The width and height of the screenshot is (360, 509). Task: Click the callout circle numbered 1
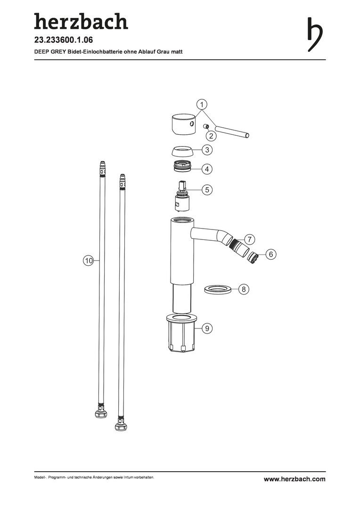(x=202, y=105)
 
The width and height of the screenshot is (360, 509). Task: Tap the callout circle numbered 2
(x=211, y=136)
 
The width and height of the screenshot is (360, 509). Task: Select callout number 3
(x=207, y=150)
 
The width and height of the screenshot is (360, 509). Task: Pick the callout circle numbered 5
(x=207, y=189)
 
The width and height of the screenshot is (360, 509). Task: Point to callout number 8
(x=244, y=289)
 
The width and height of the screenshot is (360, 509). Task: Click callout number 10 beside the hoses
(x=89, y=260)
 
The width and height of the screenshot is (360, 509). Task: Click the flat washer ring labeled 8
(x=218, y=289)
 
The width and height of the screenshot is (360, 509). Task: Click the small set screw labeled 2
(x=205, y=126)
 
